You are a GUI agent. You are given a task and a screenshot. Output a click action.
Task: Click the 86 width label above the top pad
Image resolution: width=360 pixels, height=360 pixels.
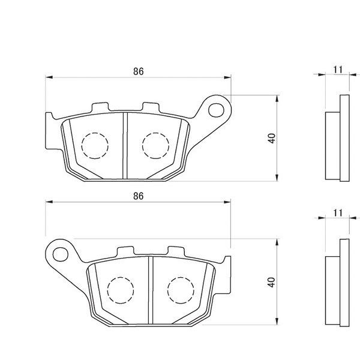139,71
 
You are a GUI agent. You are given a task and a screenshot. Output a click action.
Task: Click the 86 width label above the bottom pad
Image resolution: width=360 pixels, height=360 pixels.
139,196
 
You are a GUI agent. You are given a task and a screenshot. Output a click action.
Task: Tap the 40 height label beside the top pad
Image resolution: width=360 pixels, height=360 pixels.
272,137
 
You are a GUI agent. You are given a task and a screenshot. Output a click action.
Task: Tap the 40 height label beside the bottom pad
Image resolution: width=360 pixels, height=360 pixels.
272,281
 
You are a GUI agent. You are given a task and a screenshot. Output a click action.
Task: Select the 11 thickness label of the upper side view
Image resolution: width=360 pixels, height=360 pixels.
337,70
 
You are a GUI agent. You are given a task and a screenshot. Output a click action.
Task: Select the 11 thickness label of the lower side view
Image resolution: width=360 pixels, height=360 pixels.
337,213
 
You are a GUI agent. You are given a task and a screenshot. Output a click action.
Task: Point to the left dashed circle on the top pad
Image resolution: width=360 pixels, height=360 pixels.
95,145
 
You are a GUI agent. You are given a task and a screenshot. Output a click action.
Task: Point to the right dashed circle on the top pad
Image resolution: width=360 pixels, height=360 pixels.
155,145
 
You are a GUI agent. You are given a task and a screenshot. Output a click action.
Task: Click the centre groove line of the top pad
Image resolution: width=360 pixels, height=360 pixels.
124,146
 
